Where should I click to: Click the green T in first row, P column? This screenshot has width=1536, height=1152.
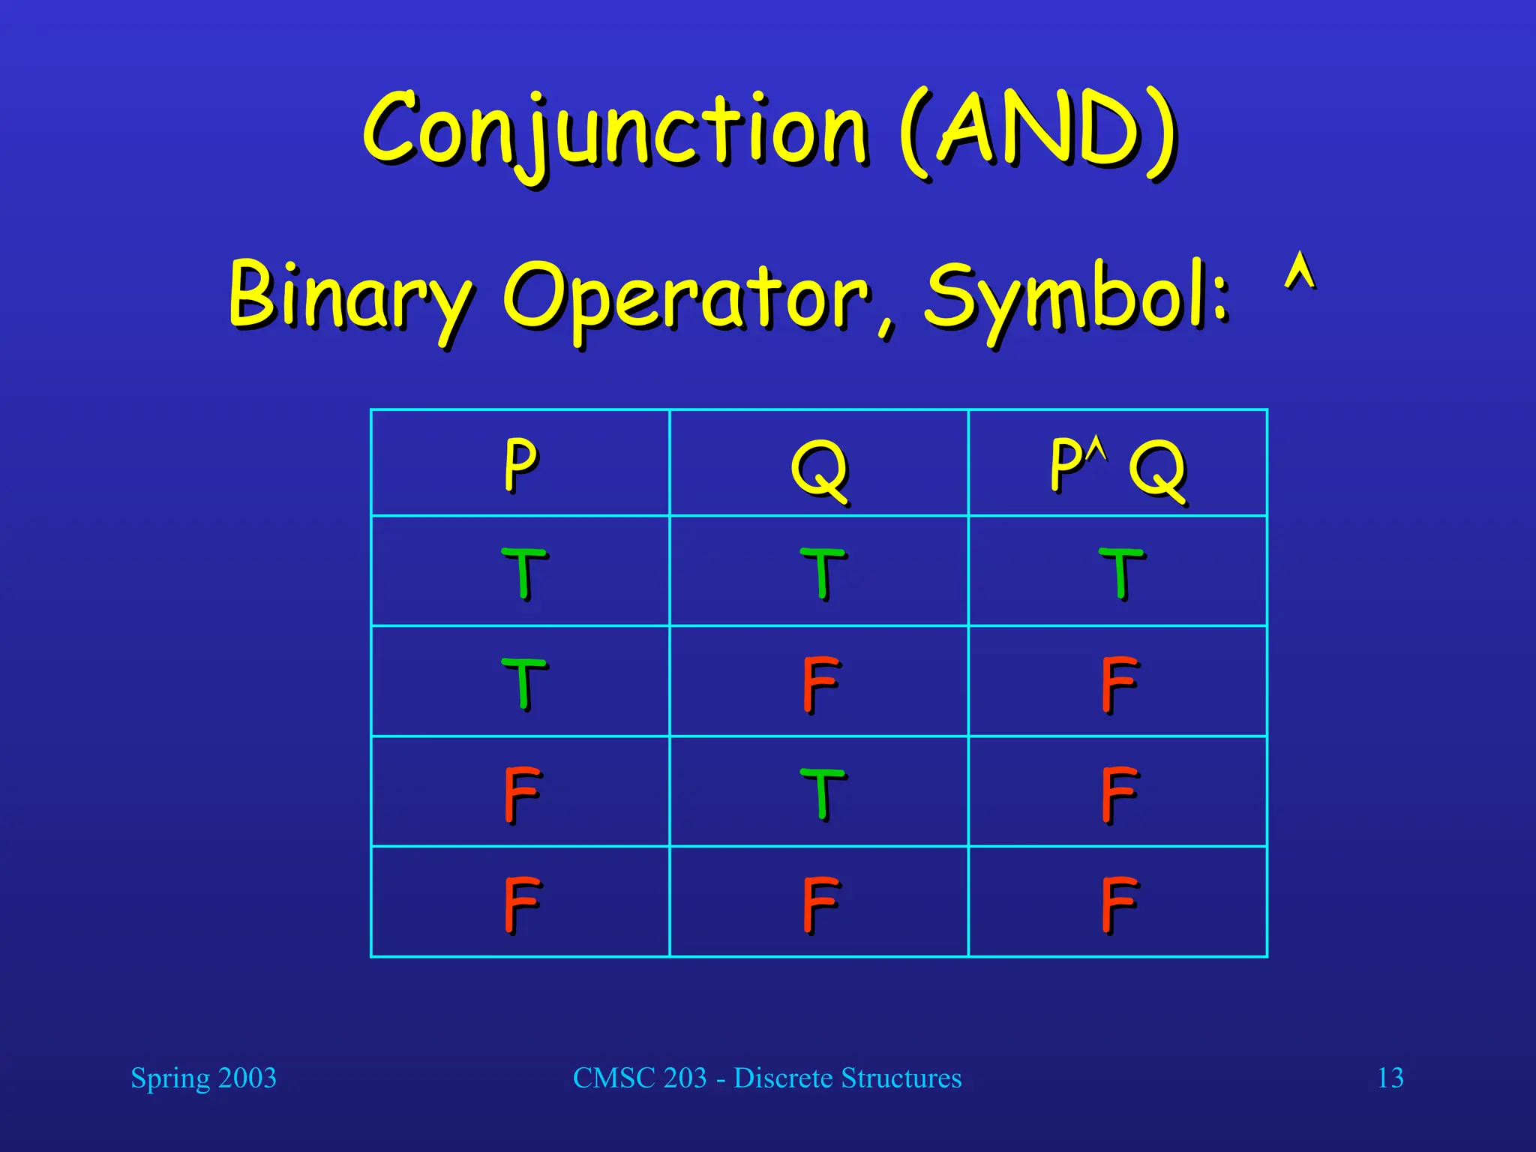click(x=523, y=573)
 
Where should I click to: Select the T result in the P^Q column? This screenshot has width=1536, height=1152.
click(x=1120, y=573)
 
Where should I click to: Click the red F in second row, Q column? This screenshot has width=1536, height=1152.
click(x=819, y=683)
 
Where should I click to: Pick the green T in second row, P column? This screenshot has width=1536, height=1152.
click(x=523, y=683)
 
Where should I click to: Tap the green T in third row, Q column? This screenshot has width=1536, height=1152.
click(x=822, y=793)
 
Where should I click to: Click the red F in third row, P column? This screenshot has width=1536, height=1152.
click(x=521, y=793)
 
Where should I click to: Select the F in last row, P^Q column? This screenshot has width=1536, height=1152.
click(x=1118, y=904)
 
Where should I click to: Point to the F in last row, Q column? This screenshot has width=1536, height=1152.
click(x=819, y=904)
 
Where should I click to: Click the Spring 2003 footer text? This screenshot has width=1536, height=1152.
click(x=203, y=1078)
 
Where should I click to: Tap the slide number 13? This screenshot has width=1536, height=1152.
click(x=1390, y=1078)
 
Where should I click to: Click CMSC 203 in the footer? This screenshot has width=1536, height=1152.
click(x=640, y=1078)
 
